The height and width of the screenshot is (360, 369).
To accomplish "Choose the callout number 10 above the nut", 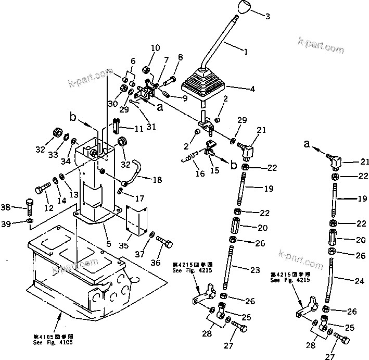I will [156, 48].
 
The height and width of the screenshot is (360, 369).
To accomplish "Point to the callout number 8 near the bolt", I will [181, 57].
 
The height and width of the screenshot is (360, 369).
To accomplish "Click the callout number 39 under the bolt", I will [20, 224].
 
